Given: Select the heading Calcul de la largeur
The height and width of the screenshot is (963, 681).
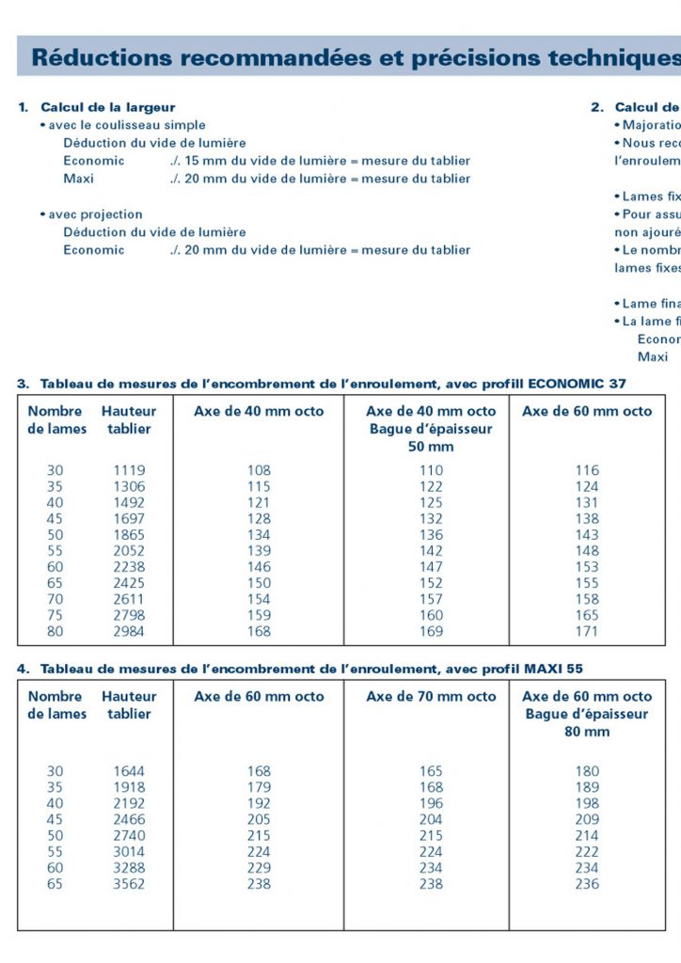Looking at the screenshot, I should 107,107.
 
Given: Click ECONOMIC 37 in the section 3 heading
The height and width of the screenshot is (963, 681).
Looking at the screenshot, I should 578,384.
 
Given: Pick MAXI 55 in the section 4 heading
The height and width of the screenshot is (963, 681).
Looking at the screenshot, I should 562,669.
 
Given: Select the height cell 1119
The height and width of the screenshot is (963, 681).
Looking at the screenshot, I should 129,470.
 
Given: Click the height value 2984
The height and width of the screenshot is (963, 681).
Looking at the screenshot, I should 129,632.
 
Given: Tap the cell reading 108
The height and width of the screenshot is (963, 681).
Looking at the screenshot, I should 259,470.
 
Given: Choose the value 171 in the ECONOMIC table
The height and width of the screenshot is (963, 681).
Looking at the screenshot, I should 587,632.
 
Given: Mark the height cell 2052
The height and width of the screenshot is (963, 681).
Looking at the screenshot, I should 129,551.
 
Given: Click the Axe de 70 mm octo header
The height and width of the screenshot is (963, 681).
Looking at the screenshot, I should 431,697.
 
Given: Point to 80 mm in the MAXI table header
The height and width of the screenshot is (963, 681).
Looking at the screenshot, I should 587,732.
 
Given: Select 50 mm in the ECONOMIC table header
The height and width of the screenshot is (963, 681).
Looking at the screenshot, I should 431,447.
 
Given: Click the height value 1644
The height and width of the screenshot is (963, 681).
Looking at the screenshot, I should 129,772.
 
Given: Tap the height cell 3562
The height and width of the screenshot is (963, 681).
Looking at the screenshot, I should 129,884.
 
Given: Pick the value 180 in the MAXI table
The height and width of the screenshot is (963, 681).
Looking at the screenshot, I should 587,772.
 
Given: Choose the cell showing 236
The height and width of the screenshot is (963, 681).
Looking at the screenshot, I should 587,884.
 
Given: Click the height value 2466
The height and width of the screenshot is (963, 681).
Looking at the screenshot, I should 129,820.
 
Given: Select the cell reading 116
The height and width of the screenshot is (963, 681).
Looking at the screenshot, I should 587,470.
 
